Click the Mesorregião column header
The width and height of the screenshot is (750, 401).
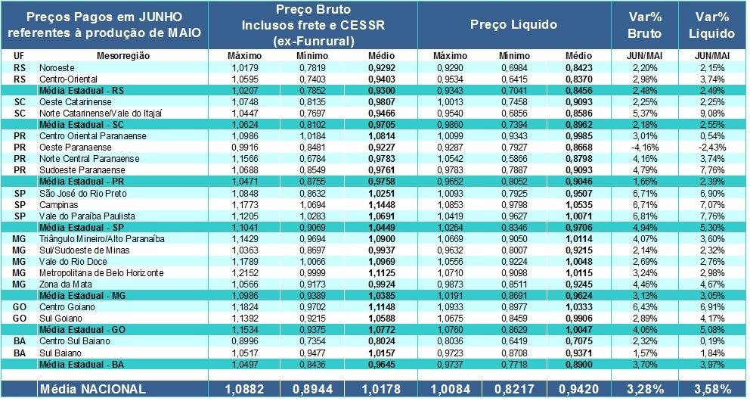coord(123,56)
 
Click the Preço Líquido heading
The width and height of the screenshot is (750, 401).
coord(513,25)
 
